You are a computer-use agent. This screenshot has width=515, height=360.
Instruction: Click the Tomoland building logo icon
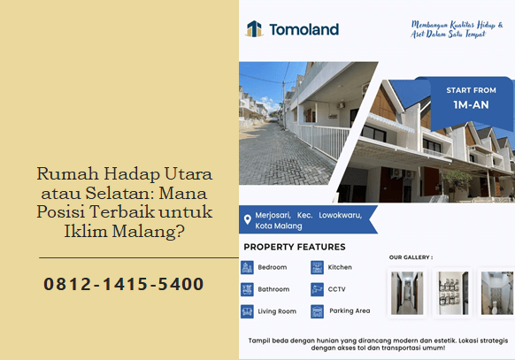coord(254,29)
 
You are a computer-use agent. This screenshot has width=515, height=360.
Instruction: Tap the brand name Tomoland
coord(304,29)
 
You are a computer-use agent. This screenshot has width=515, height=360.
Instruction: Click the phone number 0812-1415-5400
coord(124,285)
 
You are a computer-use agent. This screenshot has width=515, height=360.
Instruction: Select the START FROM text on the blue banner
coord(470,90)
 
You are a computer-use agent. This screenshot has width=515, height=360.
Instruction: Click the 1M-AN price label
coord(470,104)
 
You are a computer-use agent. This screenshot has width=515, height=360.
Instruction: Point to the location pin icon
coord(248,219)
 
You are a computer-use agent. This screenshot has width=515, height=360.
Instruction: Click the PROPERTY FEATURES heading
coord(295,247)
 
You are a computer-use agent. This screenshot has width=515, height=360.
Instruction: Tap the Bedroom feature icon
coord(247,267)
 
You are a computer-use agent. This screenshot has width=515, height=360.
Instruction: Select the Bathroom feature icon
coord(247,289)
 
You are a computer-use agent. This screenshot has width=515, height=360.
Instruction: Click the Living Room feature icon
coord(247,311)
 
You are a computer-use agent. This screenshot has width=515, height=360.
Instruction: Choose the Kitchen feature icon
coord(317,267)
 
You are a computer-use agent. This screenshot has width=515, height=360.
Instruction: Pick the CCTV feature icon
coord(317,289)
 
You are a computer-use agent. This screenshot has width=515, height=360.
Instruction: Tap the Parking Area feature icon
coord(317,311)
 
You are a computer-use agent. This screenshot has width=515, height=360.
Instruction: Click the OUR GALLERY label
coord(411,257)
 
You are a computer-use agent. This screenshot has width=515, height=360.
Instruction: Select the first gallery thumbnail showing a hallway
coord(407,293)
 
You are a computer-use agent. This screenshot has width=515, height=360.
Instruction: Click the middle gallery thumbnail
coord(452,293)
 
